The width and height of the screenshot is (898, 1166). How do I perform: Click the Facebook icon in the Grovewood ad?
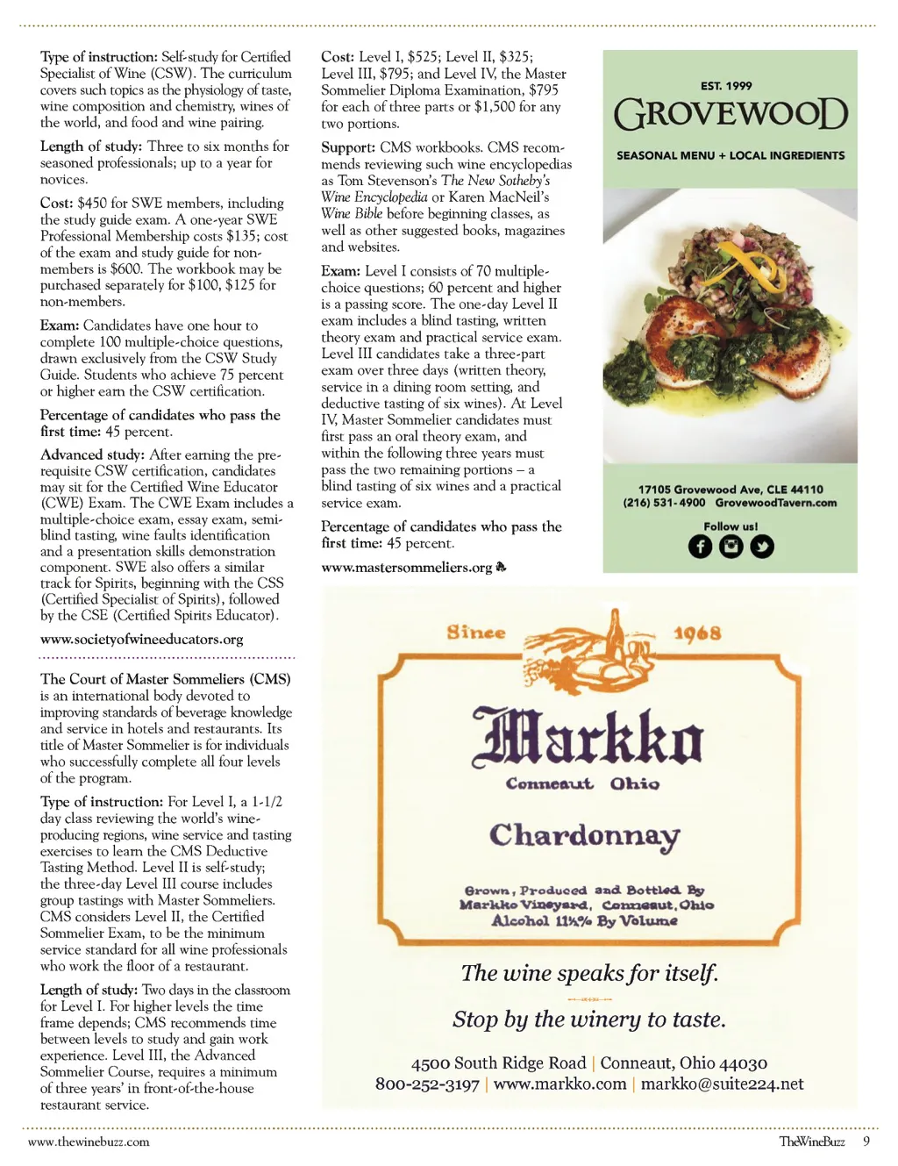coord(700,547)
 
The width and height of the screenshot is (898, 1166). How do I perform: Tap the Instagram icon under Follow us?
coord(731,547)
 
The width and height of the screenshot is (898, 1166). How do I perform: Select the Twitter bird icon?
coord(762,547)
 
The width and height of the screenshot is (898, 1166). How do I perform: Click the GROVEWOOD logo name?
coord(731,115)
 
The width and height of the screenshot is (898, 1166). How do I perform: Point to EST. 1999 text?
coord(726,86)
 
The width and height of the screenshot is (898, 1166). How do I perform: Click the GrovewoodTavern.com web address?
coord(775,503)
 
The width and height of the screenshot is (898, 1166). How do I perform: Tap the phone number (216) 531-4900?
coord(664,503)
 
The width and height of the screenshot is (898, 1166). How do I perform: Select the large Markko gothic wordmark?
coord(588,736)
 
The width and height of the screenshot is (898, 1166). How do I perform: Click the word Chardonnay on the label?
coord(585,834)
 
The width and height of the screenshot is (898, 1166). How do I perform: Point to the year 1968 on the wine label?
coord(697,633)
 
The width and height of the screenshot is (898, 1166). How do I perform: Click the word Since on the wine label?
coord(476,633)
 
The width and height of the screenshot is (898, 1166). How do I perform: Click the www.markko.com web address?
coord(559,1084)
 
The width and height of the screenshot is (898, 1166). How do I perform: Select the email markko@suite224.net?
coord(722,1084)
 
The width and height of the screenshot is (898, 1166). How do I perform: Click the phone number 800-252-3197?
coord(427,1084)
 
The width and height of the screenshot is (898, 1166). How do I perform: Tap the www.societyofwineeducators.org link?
coord(142,640)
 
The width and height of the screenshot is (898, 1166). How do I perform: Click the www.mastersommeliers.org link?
coord(407,568)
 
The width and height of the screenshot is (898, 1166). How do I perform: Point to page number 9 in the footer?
coord(866,1141)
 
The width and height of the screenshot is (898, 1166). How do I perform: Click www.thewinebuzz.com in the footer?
coord(89,1141)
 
